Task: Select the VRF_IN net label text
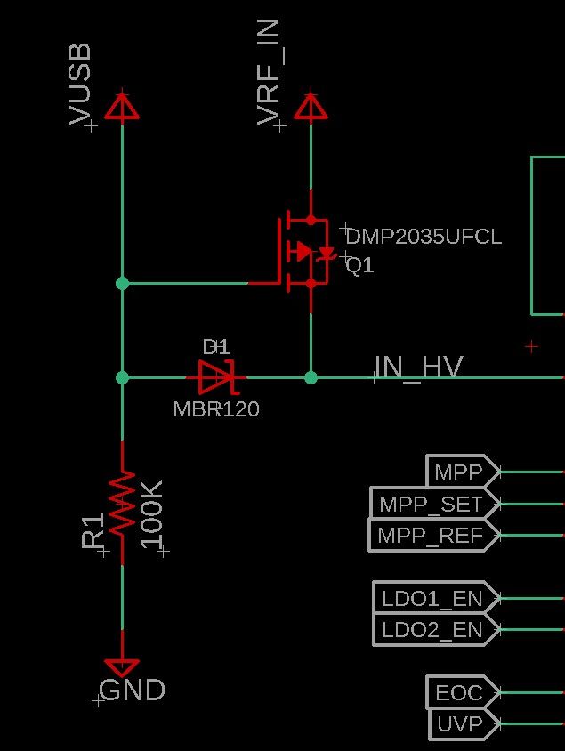pyautogui.click(x=269, y=71)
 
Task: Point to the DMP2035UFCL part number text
pyautogui.click(x=424, y=237)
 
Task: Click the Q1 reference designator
pyautogui.click(x=360, y=266)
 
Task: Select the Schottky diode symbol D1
pyautogui.click(x=215, y=377)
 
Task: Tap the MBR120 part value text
pyautogui.click(x=216, y=409)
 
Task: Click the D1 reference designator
pyautogui.click(x=216, y=346)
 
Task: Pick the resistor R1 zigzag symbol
pyautogui.click(x=122, y=504)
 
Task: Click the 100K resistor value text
pyautogui.click(x=152, y=514)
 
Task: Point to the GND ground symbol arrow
pyautogui.click(x=122, y=666)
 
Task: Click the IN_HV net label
pyautogui.click(x=418, y=367)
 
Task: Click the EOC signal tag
pyautogui.click(x=460, y=692)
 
